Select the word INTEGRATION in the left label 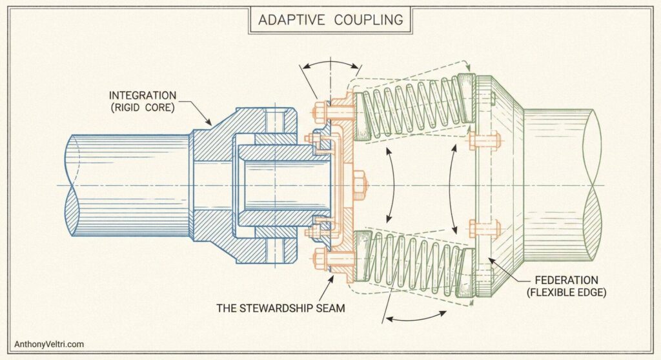(142, 95)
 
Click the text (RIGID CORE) (142, 108)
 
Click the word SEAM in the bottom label (330, 308)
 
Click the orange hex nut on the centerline (360, 185)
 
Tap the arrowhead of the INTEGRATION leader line (210, 124)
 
